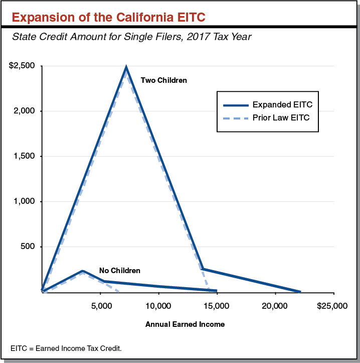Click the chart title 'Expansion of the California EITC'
[108, 17]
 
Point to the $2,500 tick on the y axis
[22, 66]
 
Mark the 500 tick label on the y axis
[27, 247]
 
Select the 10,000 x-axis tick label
[158, 306]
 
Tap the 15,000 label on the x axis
[216, 306]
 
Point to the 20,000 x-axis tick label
[274, 306]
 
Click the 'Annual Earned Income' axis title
[185, 324]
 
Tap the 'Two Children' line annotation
[163, 80]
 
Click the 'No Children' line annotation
[119, 271]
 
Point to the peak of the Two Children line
[126, 67]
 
